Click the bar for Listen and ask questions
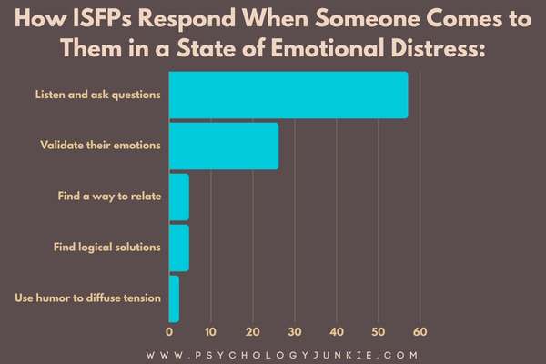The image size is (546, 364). pos(288,95)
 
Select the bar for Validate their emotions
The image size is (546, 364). pos(224,146)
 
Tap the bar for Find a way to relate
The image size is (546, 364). pos(179,197)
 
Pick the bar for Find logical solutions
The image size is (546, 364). pos(179,248)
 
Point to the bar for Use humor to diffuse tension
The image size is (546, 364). pos(174,298)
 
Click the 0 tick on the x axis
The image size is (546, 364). pos(169,331)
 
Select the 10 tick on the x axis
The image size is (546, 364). pos(211,331)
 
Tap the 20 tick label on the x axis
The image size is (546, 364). pos(253,331)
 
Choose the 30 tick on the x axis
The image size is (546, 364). pos(295,331)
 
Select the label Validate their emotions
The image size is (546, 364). pos(101,146)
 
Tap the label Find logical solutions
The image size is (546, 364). pos(107,248)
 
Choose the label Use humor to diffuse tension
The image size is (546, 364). pos(90,298)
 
